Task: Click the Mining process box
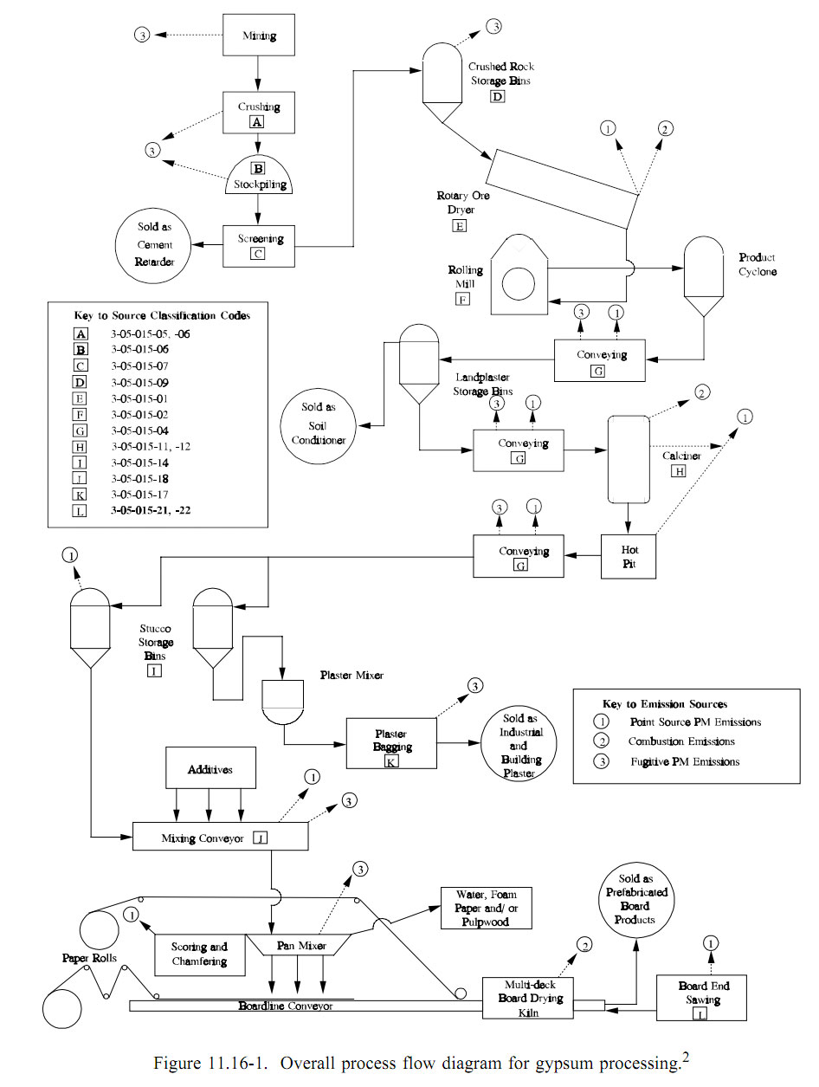(259, 36)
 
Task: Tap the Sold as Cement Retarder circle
(153, 244)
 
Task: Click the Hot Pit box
(629, 556)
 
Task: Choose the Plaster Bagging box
(391, 742)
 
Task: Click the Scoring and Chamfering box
(199, 954)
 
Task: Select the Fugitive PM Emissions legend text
(685, 762)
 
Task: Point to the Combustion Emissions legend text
(681, 741)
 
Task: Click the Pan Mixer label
(300, 946)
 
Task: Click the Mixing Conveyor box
(221, 838)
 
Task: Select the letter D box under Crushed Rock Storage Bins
(497, 96)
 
